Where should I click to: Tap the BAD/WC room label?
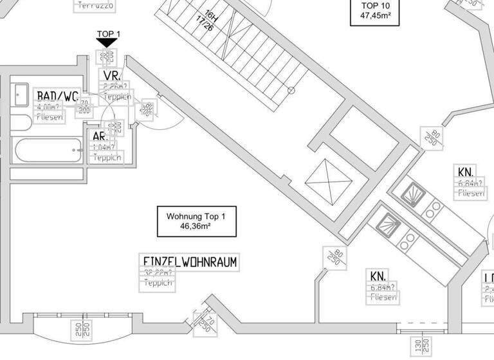[57, 96]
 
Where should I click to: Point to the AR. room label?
[100, 136]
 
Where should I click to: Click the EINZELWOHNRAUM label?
[191, 262]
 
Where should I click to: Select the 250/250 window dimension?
[81, 332]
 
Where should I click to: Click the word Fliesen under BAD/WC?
[50, 118]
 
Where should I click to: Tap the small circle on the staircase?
[291, 90]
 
